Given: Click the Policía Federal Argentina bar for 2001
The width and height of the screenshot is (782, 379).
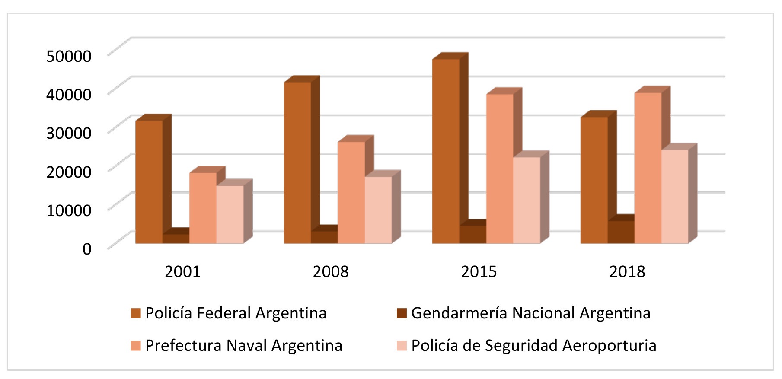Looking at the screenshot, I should tap(149, 182).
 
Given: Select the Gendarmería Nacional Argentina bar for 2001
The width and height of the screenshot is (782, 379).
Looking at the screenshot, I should tap(176, 239).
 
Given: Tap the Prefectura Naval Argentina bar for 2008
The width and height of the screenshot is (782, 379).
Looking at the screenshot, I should tap(351, 192).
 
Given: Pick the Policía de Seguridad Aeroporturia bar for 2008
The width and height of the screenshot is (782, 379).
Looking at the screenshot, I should tap(378, 210).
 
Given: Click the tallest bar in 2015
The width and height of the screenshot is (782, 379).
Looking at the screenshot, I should tap(446, 151).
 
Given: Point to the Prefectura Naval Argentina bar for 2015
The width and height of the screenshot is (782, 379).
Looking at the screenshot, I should tap(500, 169).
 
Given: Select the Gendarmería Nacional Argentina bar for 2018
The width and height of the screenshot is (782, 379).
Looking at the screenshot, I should tap(621, 232).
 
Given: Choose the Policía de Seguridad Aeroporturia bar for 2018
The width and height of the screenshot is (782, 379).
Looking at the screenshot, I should tap(675, 197).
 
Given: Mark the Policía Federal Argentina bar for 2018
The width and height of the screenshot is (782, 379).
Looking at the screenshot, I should tap(594, 180).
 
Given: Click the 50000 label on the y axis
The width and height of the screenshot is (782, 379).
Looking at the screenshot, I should tap(69, 56).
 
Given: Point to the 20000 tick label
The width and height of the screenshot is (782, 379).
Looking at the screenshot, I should tap(69, 172).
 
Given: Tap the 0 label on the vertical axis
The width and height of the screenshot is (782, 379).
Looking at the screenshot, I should tap(87, 249).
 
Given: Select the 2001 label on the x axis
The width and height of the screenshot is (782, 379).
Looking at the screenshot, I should tap(182, 271).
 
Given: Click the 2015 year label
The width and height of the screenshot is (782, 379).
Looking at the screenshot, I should tap(479, 271).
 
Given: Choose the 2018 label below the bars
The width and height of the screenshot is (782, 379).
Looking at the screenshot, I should tap(627, 271).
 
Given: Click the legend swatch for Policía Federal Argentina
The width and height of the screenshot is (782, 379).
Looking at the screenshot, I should tap(136, 313).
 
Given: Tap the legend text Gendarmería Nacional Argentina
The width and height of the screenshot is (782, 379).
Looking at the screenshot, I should tap(530, 313).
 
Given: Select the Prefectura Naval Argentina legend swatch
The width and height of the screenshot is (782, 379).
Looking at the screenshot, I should tap(136, 346).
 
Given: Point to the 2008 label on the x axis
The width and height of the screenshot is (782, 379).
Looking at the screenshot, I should tap(331, 271).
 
